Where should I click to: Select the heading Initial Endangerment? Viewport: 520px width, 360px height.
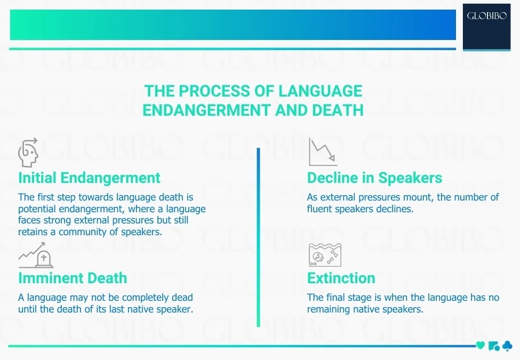tap(89, 178)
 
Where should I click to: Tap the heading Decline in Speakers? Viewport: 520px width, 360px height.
tap(374, 178)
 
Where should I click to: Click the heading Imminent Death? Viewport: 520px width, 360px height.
tap(73, 278)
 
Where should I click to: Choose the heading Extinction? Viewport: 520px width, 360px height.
tap(341, 278)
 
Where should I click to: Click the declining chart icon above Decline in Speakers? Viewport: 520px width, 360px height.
tap(323, 152)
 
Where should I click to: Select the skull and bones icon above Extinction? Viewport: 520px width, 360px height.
tap(325, 254)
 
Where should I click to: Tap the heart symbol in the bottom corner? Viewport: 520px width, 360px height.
tap(481, 346)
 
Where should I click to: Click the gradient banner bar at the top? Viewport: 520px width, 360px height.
tap(233, 25)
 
